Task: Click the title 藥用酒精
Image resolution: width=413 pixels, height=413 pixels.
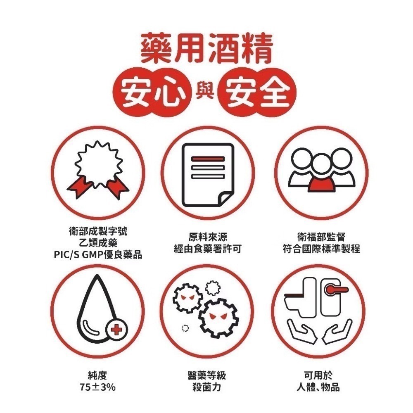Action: coord(206,49)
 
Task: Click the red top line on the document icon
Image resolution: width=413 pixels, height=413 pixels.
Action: coord(207,159)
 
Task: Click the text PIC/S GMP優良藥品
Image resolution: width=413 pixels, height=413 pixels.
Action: coord(98,255)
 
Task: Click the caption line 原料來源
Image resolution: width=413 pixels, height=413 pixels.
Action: coord(208,237)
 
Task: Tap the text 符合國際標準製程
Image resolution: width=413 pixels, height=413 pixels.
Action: coord(321,249)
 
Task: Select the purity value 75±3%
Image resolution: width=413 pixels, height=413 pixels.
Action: coord(98,387)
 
